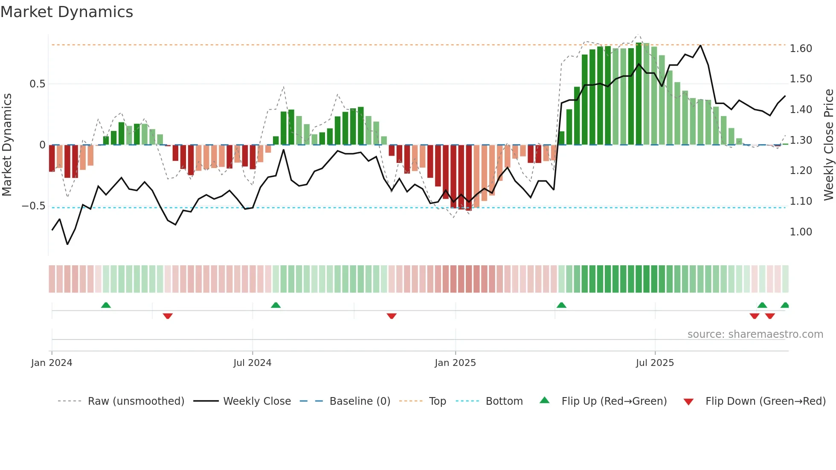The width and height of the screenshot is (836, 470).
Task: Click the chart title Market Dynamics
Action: click(x=67, y=12)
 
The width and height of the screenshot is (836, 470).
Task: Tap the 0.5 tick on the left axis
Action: click(x=37, y=84)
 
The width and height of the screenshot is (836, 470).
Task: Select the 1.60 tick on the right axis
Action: click(x=801, y=49)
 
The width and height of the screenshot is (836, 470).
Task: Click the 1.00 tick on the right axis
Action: click(x=801, y=232)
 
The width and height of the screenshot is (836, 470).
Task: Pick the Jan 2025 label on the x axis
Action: click(x=455, y=363)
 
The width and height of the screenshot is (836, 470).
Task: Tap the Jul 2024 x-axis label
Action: click(x=252, y=363)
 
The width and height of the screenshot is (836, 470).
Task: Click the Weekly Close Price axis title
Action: click(x=828, y=145)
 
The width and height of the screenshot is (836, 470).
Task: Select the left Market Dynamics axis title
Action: click(x=7, y=145)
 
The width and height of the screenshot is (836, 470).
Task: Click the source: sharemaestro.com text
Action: click(x=755, y=334)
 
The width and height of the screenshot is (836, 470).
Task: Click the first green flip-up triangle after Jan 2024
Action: click(x=106, y=305)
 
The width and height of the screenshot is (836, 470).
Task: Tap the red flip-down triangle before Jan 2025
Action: click(x=392, y=316)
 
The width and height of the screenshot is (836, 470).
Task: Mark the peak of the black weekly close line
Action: click(x=700, y=45)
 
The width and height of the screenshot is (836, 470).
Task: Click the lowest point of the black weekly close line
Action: click(x=67, y=244)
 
